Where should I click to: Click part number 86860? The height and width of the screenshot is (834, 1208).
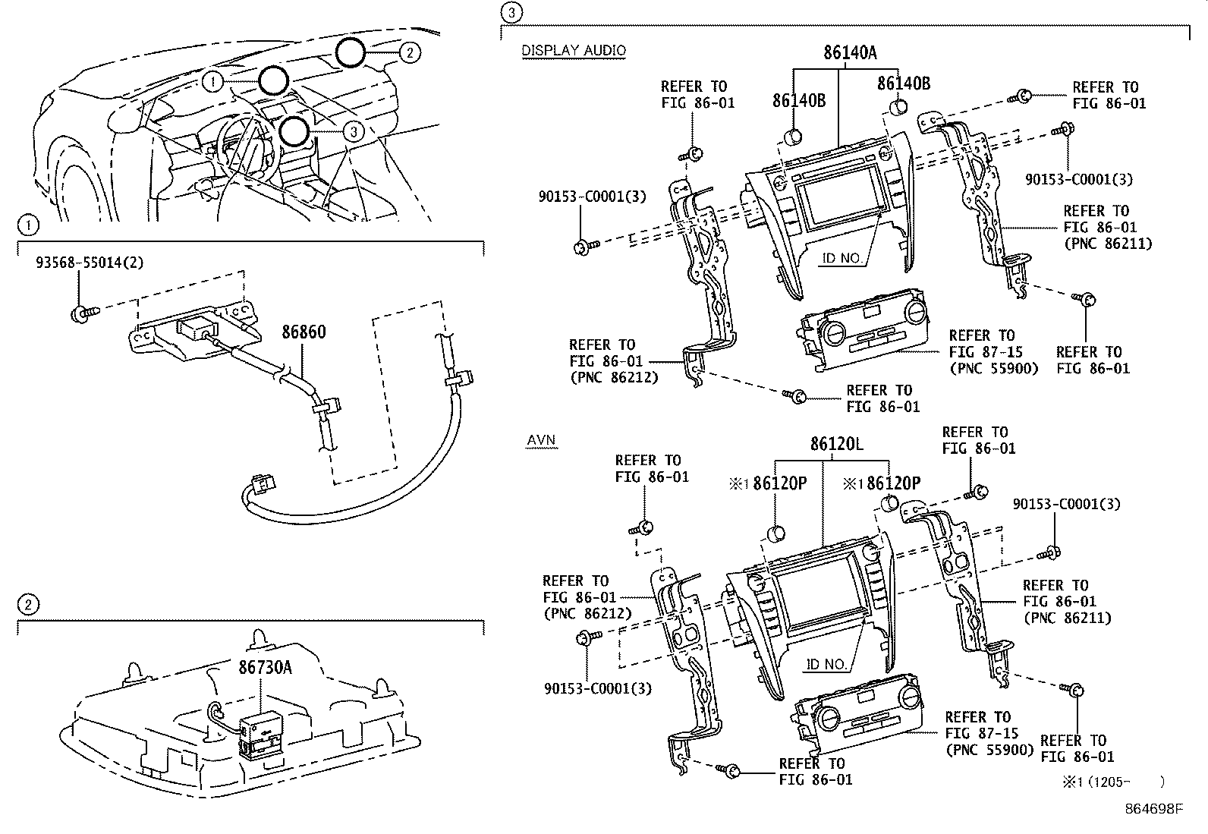304,332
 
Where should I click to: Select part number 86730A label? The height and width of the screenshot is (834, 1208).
266,667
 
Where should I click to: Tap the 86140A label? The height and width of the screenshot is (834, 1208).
850,52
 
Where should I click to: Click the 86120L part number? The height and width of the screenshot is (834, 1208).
835,444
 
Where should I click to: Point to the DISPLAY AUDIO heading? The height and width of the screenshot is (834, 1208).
574,51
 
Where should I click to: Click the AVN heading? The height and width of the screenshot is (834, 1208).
541,440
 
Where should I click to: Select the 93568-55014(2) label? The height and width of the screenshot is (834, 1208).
90,263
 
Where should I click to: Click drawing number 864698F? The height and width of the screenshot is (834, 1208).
1153,809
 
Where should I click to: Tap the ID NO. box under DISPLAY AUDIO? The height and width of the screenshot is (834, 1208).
842,258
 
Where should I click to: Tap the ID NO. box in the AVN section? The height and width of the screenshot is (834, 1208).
826,664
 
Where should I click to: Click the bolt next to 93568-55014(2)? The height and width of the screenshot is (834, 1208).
80,312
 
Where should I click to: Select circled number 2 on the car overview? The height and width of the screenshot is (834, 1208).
408,52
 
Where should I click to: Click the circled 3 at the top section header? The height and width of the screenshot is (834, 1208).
512,11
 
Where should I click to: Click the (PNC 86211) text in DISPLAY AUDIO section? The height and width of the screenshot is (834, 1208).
1107,244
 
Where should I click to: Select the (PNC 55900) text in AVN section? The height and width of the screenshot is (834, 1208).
989,750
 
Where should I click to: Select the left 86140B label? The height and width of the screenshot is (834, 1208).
798,101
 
